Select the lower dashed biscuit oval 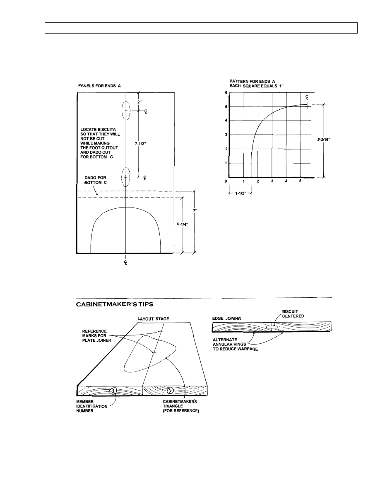point(126,177)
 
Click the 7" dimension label point(195,210)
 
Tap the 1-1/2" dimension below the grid point(240,193)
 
